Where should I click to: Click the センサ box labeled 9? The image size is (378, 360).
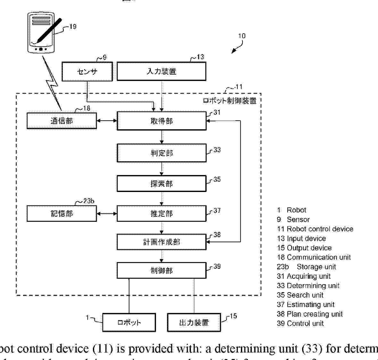click(x=87, y=71)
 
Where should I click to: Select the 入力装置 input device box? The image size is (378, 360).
click(x=161, y=71)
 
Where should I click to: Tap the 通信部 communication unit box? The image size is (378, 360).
click(x=62, y=121)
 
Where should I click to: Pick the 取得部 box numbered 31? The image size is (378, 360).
click(x=161, y=121)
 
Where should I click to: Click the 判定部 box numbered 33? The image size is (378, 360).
click(x=161, y=153)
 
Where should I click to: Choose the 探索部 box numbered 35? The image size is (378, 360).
click(x=161, y=183)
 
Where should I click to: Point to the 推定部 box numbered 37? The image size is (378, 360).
click(x=161, y=213)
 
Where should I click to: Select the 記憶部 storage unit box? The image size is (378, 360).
click(x=62, y=213)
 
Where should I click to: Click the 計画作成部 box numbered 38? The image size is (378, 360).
click(x=161, y=242)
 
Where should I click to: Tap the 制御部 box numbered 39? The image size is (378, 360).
click(x=161, y=270)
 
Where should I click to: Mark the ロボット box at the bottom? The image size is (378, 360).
click(x=129, y=322)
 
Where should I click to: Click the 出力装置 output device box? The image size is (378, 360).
click(x=194, y=322)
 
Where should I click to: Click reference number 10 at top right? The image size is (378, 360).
click(x=242, y=36)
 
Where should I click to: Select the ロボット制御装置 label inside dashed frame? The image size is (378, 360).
click(x=230, y=100)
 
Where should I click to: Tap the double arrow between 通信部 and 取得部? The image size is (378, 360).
click(x=107, y=121)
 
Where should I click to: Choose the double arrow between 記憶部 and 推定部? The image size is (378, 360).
click(x=107, y=213)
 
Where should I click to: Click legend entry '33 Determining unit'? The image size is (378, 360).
click(x=308, y=285)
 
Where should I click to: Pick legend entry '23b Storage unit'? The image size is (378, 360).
click(x=306, y=267)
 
